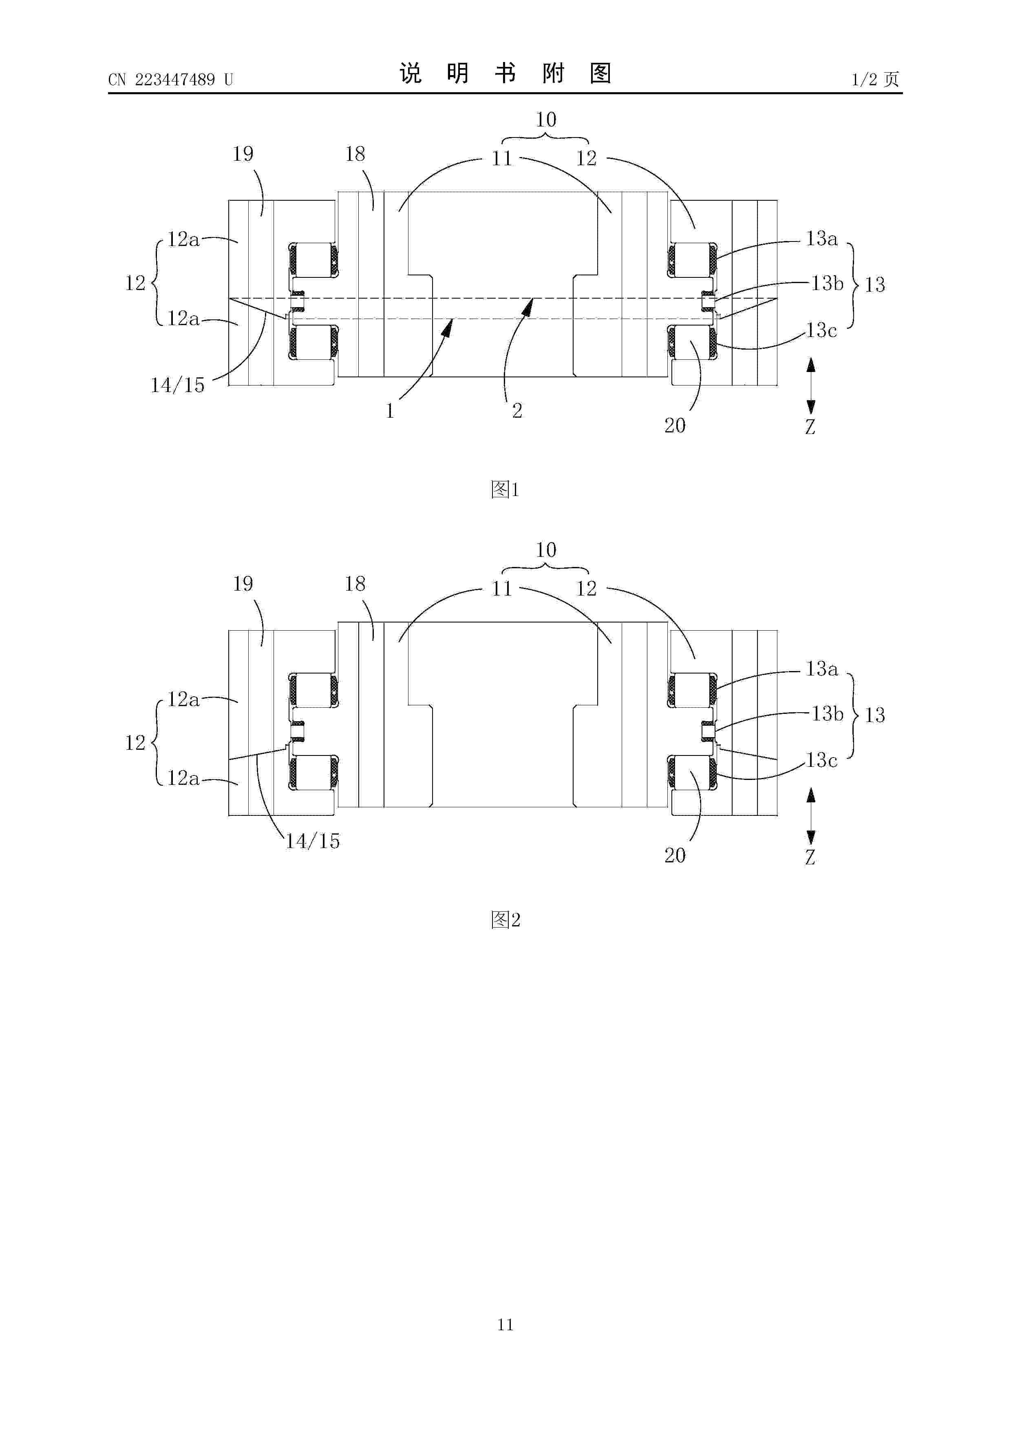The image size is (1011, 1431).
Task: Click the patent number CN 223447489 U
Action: [x=171, y=80]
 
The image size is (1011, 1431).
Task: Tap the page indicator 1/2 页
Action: [x=875, y=79]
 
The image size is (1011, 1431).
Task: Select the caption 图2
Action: [x=505, y=919]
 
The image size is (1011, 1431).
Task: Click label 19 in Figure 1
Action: [x=243, y=154]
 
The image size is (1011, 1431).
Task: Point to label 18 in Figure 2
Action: [x=355, y=584]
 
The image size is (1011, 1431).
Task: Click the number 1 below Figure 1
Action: [x=390, y=411]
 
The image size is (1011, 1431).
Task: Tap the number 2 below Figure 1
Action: [x=517, y=411]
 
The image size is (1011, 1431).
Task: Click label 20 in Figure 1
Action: [x=675, y=426]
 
